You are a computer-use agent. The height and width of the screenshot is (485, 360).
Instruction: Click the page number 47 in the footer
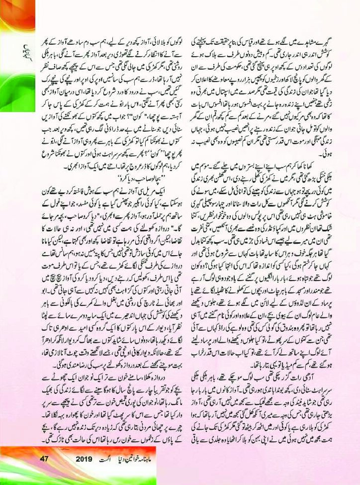[45, 458]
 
